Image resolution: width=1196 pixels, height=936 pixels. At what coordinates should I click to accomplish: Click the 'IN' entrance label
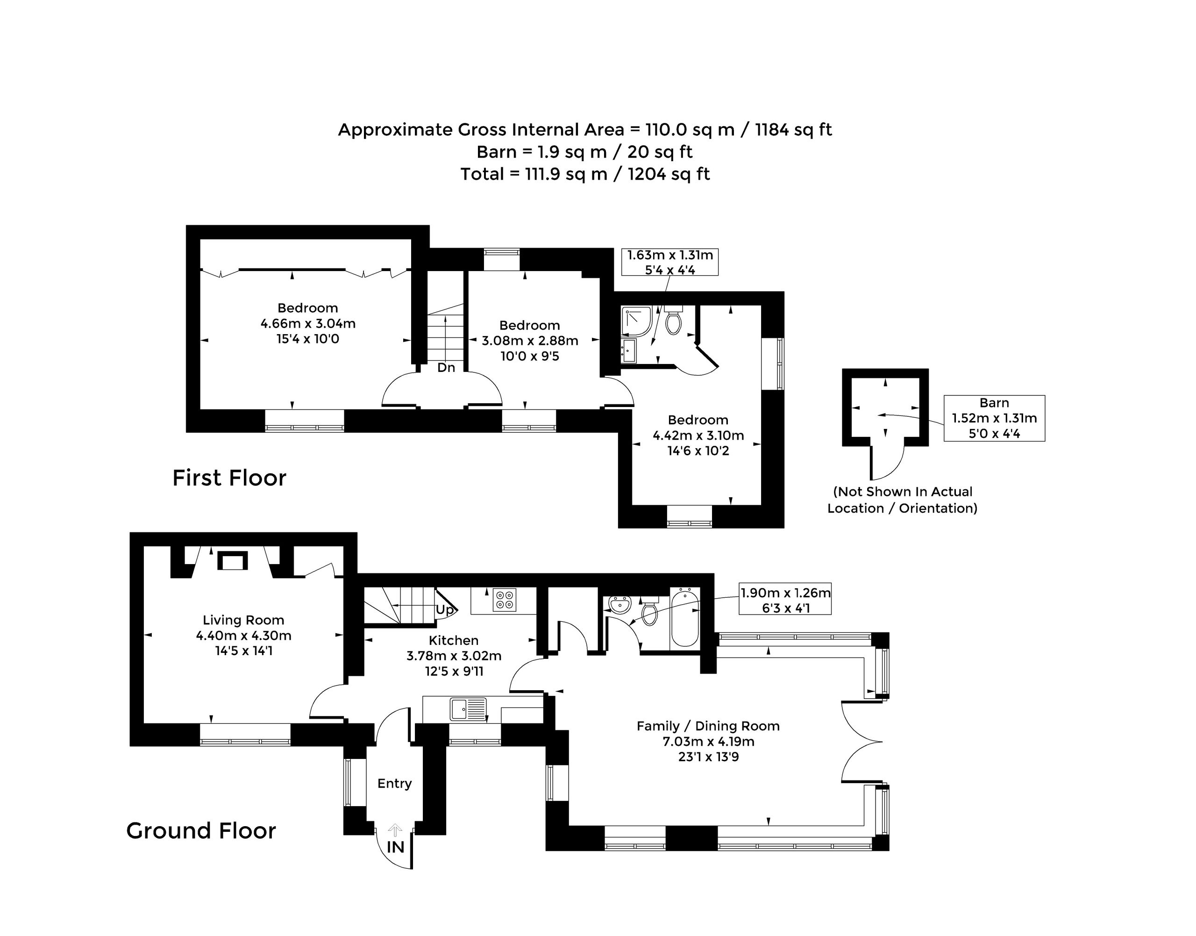coord(395,847)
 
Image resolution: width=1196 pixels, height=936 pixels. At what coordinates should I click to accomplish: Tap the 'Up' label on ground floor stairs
coord(445,609)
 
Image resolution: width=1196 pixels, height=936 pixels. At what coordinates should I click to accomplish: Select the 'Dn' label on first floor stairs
coord(446,367)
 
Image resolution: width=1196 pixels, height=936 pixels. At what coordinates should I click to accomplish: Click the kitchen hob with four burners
coord(504,599)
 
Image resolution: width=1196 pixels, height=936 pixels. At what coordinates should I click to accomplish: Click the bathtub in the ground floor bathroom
coord(685,618)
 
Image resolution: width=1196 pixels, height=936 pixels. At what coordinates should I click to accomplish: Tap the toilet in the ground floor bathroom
coord(650,611)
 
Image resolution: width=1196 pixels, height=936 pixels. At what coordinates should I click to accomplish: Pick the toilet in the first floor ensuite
coord(673,319)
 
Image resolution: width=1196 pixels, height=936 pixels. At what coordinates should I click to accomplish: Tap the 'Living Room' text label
coord(243,620)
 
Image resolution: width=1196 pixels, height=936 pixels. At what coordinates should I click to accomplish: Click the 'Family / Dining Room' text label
coord(708,726)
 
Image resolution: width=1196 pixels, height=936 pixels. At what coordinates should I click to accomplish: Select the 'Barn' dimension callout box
coord(994,418)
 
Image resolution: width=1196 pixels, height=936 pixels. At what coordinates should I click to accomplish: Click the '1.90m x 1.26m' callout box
coord(785,599)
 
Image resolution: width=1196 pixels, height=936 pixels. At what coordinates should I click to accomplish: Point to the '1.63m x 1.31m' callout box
coord(669,262)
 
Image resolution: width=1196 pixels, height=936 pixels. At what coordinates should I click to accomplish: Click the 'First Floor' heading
coord(229,478)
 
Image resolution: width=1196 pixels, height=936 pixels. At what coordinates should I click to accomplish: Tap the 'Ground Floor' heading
coord(201,831)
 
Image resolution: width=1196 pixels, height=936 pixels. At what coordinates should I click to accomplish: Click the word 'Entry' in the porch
coord(394,784)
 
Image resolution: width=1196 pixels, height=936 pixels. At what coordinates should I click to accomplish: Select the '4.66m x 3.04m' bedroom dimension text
coord(308,323)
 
